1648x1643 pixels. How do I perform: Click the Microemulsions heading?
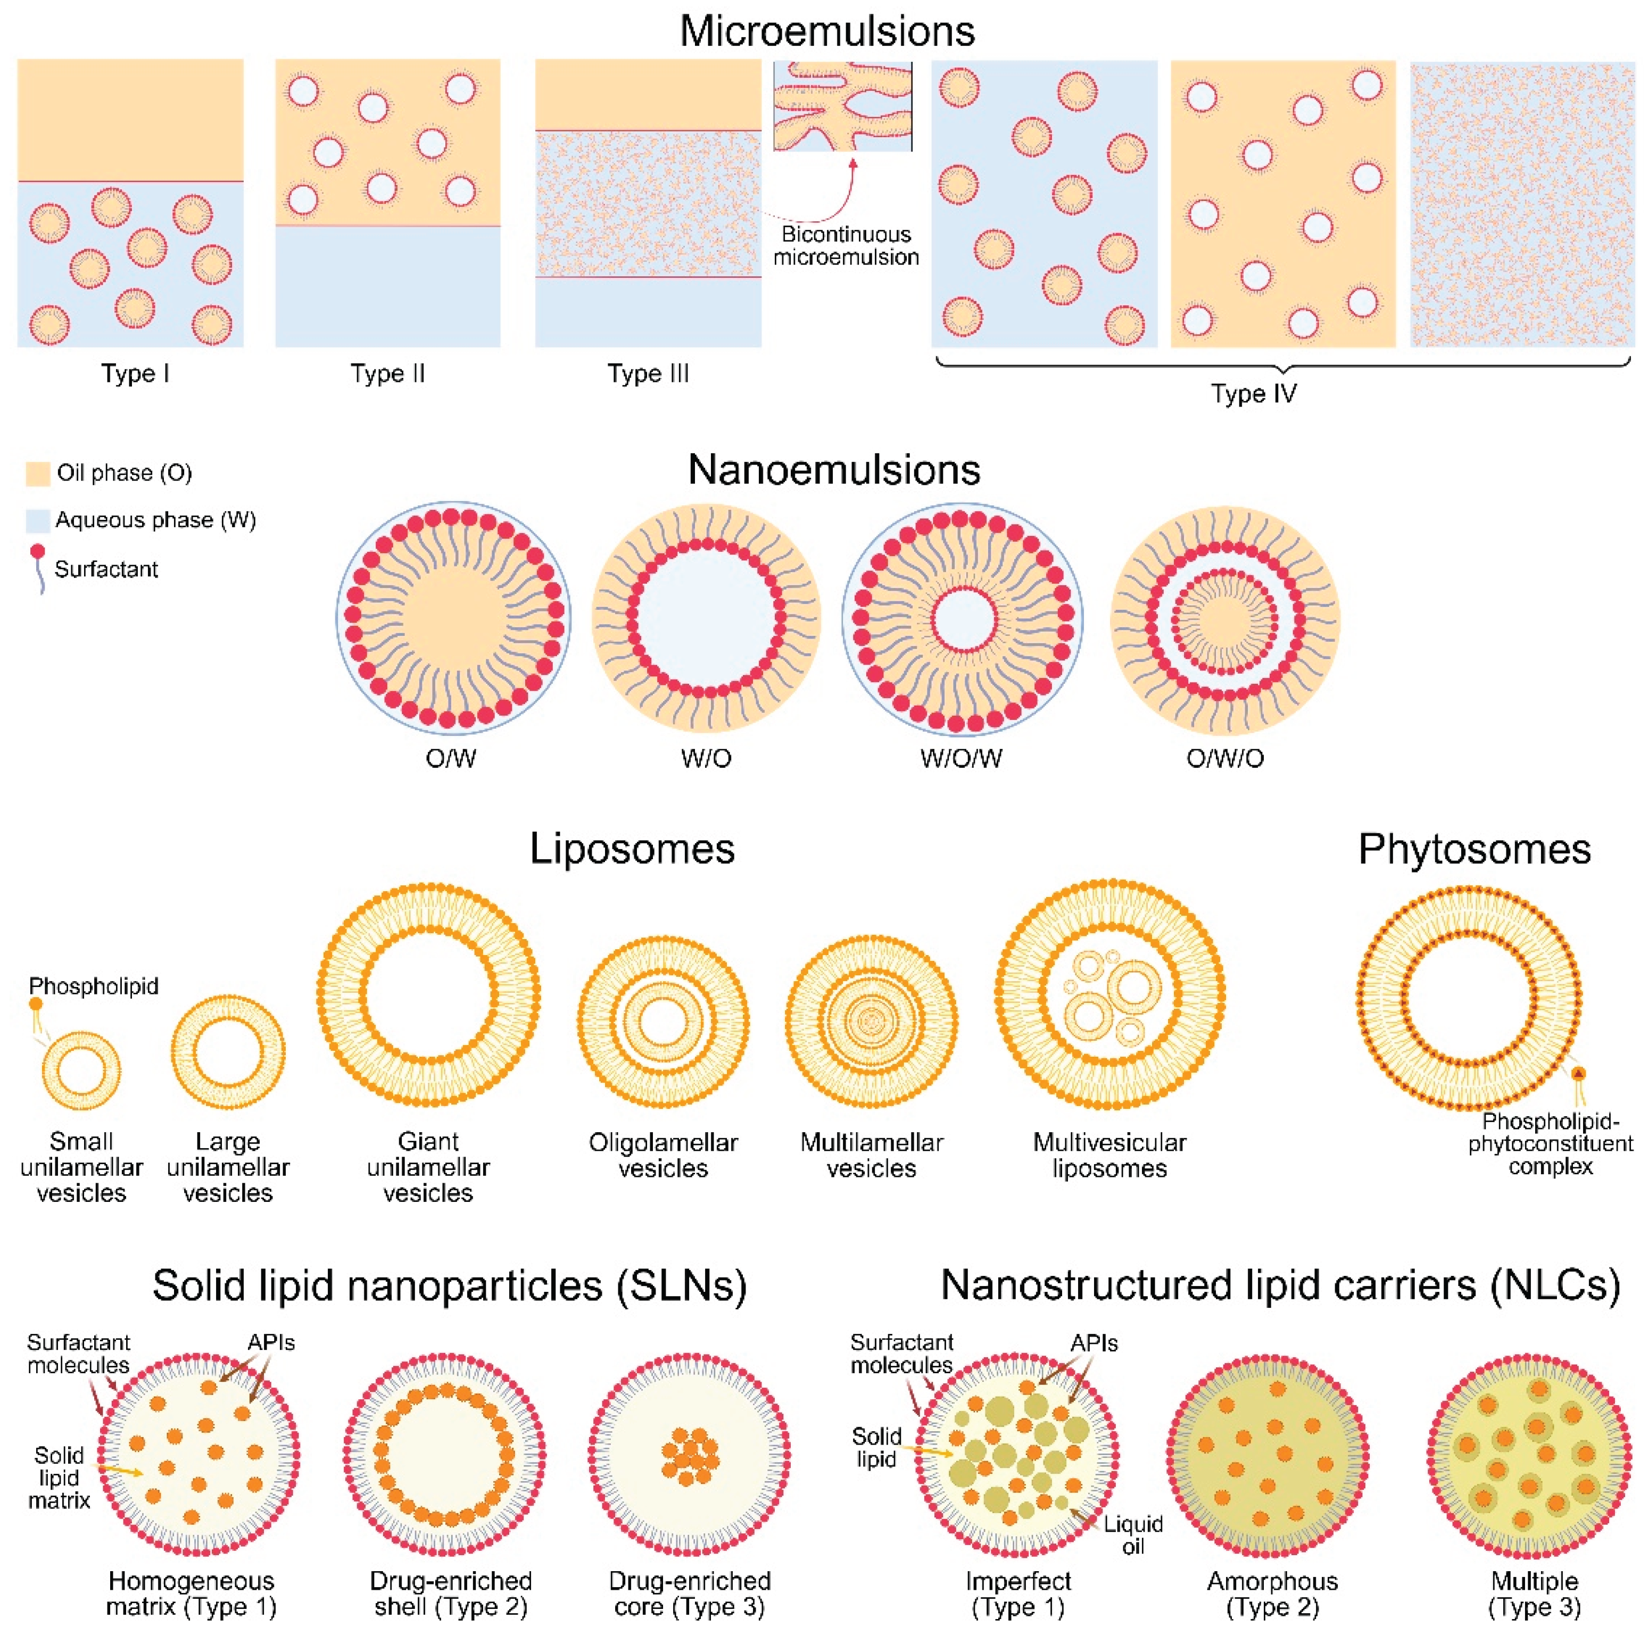(826, 31)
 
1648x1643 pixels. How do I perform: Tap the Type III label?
(648, 374)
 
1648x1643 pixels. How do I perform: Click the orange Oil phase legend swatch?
(38, 474)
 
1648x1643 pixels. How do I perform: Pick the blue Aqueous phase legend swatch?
(38, 520)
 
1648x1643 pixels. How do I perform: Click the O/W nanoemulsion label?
(450, 758)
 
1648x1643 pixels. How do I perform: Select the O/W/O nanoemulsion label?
(1225, 758)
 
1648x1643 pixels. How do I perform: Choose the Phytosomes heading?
(1474, 849)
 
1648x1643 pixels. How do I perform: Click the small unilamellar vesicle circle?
(82, 1071)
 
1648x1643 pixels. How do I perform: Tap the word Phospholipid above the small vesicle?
(94, 986)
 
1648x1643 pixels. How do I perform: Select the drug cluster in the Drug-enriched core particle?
(689, 1456)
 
